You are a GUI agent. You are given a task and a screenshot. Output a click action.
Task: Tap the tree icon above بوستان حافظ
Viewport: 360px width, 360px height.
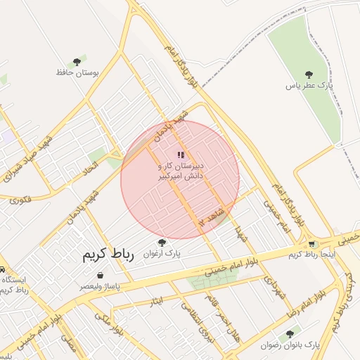77,62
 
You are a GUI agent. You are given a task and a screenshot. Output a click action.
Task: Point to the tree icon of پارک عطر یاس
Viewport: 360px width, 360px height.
308,74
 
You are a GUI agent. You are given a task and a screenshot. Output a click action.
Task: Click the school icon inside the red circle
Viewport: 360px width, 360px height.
181,155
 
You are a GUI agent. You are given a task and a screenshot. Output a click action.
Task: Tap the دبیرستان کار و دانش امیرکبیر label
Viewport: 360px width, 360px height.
180,171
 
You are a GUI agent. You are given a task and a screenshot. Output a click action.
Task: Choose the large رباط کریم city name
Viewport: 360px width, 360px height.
108,255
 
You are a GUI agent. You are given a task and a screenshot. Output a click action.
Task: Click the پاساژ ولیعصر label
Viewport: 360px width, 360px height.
99,287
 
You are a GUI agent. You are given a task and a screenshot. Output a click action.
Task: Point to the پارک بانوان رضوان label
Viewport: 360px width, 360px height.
290,345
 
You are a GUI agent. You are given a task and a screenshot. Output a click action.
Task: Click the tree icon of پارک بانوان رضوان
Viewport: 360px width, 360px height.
290,334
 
